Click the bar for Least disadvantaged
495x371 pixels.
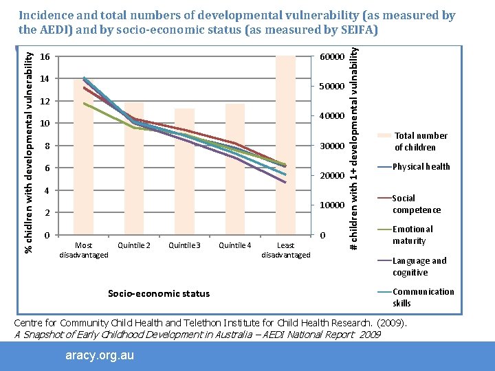pyautogui.click(x=285, y=145)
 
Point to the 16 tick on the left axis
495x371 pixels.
pyautogui.click(x=45, y=56)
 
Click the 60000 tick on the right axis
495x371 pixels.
pyautogui.click(x=332, y=56)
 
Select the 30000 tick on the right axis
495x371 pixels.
pyautogui.click(x=332, y=146)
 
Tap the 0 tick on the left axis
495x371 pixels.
pyautogui.click(x=45, y=236)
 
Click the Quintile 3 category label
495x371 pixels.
pyautogui.click(x=184, y=245)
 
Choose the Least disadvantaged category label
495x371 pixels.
pyautogui.click(x=286, y=250)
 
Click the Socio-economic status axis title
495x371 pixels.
pyautogui.click(x=159, y=293)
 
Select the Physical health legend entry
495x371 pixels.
pyautogui.click(x=421, y=166)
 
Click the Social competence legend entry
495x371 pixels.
pyautogui.click(x=416, y=204)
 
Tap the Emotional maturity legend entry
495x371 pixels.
pyautogui.click(x=412, y=235)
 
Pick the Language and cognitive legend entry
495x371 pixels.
pyautogui.click(x=419, y=267)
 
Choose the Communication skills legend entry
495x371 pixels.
pyautogui.click(x=423, y=297)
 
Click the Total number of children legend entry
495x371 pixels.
pyautogui.click(x=420, y=142)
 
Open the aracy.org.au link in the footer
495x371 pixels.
pyautogui.click(x=99, y=355)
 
